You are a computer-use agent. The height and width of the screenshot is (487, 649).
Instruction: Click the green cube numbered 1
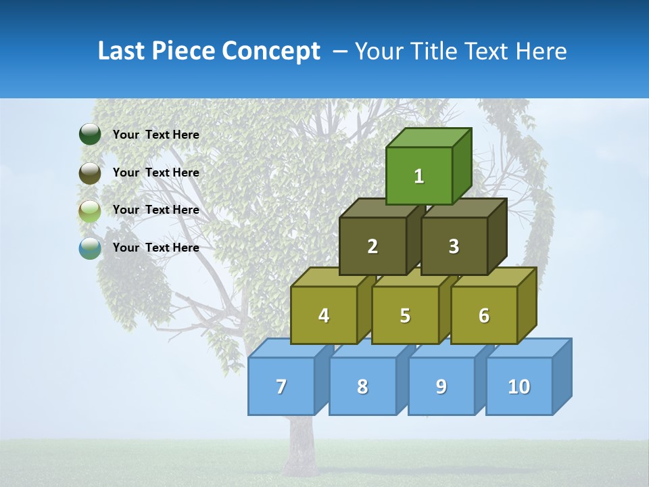click(419, 176)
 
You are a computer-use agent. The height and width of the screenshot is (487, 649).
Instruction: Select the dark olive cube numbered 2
click(372, 246)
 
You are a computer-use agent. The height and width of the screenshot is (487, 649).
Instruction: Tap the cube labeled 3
click(454, 246)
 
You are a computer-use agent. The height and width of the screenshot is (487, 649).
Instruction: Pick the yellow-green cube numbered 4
click(324, 315)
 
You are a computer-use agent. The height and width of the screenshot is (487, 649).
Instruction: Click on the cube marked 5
click(405, 315)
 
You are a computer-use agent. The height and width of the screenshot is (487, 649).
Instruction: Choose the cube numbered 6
click(484, 315)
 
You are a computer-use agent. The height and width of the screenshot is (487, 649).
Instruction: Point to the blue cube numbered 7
click(281, 386)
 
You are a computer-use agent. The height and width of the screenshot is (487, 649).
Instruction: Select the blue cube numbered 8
click(362, 386)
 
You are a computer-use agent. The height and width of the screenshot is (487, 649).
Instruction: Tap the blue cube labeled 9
click(441, 386)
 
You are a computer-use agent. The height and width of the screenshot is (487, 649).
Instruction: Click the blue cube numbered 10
click(519, 386)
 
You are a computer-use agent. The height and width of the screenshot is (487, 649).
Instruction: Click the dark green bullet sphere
click(90, 135)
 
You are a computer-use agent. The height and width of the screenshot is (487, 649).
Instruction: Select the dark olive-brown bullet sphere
click(90, 172)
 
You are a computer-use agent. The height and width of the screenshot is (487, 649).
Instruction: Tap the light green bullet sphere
click(90, 210)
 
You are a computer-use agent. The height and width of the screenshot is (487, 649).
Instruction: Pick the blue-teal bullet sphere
click(90, 248)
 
